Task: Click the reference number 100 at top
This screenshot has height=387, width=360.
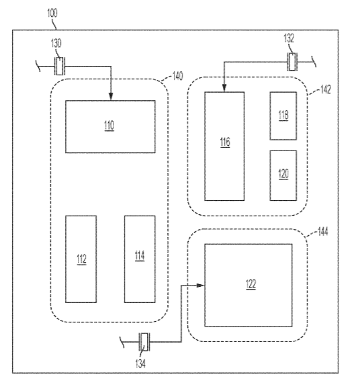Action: click(52, 13)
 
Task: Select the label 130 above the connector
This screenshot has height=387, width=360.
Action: click(56, 43)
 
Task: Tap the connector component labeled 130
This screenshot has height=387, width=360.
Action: click(60, 66)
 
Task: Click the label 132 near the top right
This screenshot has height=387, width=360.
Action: click(289, 38)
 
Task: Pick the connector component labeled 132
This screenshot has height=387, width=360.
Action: click(292, 62)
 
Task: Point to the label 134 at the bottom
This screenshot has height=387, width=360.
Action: click(140, 363)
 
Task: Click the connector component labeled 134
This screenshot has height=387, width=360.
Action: click(144, 342)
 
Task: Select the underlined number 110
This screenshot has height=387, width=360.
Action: click(109, 126)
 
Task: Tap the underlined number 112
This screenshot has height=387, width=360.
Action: click(82, 259)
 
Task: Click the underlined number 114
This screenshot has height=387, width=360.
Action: click(140, 256)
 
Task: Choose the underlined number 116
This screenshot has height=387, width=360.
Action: click(225, 142)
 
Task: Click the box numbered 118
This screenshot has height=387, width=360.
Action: click(283, 116)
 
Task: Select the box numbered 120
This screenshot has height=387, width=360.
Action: click(283, 175)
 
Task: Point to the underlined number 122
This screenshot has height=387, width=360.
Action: click(251, 284)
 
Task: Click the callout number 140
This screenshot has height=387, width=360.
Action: click(178, 76)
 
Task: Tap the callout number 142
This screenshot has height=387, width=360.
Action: click(326, 89)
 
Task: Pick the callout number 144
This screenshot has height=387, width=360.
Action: click(323, 232)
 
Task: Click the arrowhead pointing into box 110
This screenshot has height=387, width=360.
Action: click(111, 97)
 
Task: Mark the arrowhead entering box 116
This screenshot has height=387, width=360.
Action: click(224, 88)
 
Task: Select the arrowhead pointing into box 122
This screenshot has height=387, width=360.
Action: click(200, 286)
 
